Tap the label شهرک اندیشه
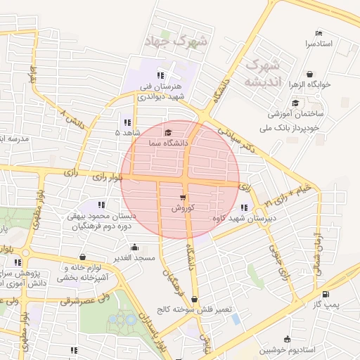[x=261, y=73]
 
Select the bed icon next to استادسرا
[x=319, y=33]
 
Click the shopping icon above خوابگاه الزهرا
[x=310, y=74]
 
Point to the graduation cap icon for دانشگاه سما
[x=167, y=132]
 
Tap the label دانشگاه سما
[x=167, y=143]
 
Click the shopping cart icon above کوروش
[x=184, y=198]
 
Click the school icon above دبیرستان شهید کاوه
[x=243, y=207]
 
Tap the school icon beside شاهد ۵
[x=127, y=122]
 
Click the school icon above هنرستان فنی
[x=160, y=75]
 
